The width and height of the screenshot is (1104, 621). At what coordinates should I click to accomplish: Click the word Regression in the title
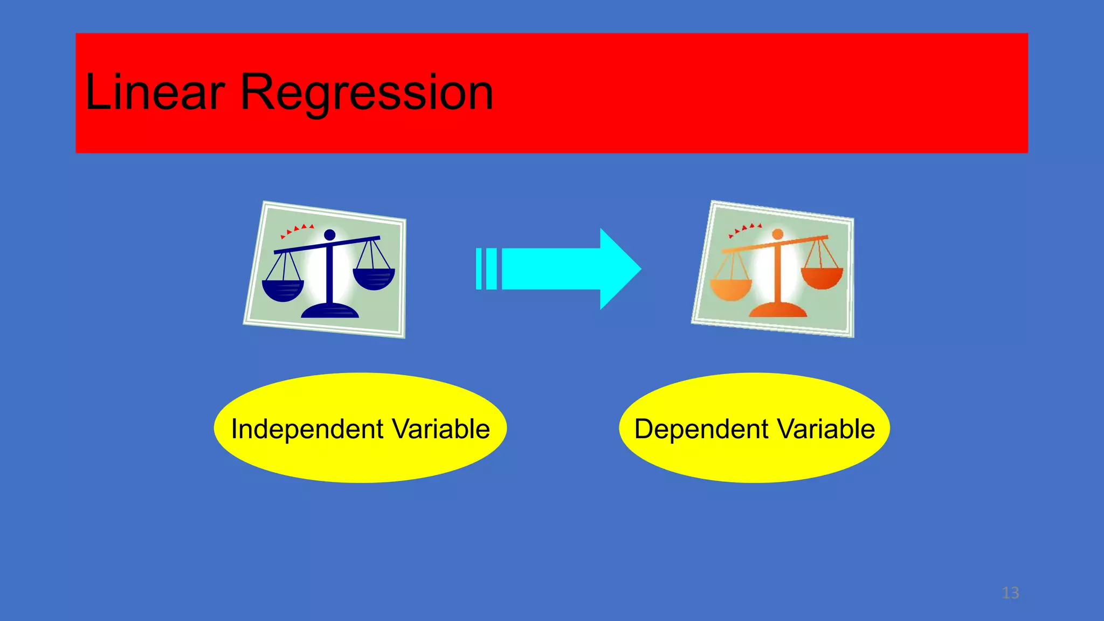[367, 93]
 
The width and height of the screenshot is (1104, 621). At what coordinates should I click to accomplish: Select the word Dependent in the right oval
[701, 430]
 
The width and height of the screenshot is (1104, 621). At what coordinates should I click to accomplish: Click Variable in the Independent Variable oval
[441, 430]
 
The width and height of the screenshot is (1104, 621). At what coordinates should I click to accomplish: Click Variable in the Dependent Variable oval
[826, 430]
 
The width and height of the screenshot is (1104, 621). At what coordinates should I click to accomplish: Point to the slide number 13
[1010, 593]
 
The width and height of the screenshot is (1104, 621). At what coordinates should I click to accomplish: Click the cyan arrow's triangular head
[620, 269]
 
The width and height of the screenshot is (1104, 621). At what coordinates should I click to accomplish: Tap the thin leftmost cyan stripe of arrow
[479, 269]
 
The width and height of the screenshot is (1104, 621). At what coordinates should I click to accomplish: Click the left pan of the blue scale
[282, 291]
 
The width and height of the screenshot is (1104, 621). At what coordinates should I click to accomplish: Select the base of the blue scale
[329, 311]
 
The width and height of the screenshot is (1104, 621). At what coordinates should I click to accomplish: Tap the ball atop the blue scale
[329, 235]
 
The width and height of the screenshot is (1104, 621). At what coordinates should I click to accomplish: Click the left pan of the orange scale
[730, 289]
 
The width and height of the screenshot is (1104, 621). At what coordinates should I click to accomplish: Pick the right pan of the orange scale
[822, 277]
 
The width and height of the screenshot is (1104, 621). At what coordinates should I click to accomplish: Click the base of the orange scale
[777, 310]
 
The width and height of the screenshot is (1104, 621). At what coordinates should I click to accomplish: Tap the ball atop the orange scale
[777, 234]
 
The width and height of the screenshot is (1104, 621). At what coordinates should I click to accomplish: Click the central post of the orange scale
[777, 275]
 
